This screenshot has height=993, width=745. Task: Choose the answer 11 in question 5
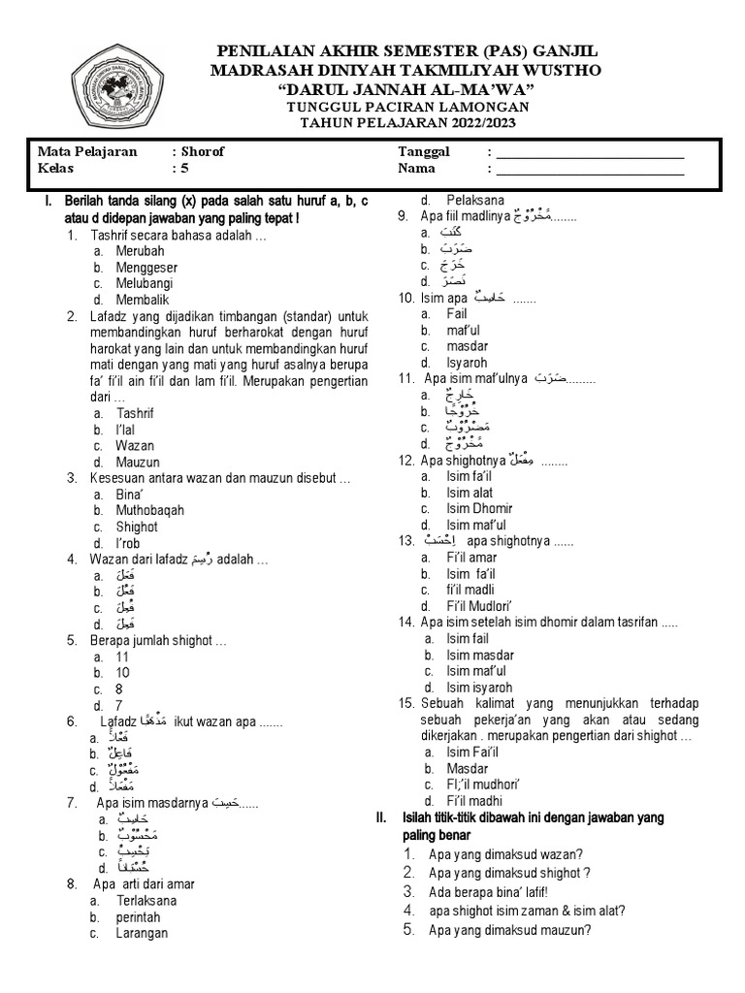coord(123,657)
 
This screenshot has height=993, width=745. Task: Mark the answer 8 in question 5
coord(119,689)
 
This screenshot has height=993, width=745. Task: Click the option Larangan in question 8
coord(141,933)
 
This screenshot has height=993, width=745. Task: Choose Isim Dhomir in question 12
coord(479,508)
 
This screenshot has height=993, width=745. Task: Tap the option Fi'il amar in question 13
coord(473,558)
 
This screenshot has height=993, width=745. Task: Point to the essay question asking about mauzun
coord(509,929)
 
